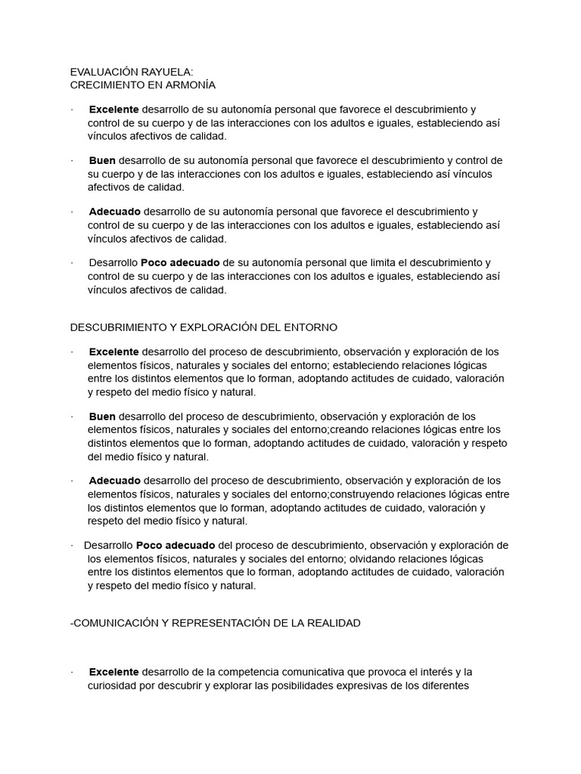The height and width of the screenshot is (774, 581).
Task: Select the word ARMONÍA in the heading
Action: click(x=188, y=85)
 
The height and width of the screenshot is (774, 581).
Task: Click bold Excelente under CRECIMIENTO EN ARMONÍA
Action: click(x=113, y=109)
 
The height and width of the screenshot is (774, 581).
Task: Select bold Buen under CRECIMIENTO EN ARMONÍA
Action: click(x=102, y=160)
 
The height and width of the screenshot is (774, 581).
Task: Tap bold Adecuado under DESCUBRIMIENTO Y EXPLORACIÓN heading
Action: click(x=114, y=481)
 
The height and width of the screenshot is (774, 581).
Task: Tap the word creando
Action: click(x=349, y=429)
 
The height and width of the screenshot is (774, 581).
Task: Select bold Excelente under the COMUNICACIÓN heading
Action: click(x=113, y=672)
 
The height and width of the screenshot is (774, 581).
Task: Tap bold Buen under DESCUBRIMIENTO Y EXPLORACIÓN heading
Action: click(x=102, y=416)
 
